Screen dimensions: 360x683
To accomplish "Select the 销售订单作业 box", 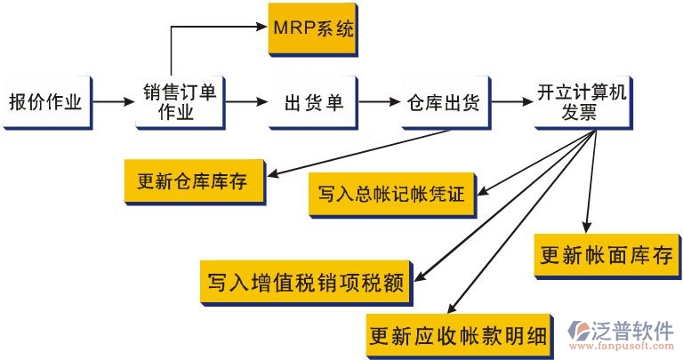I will click(179, 101).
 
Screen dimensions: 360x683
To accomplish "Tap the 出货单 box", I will click(312, 102).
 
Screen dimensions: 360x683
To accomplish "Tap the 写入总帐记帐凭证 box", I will click(391, 193).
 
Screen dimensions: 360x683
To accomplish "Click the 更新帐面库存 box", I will click(606, 255).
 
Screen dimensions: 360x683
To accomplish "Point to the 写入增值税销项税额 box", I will click(305, 283).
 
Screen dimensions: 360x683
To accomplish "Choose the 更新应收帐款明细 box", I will click(457, 334).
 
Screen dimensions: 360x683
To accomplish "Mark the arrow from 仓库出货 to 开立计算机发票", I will click(509, 102).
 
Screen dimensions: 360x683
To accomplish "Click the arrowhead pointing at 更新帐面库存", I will click(586, 228).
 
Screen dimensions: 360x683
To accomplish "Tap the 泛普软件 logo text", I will click(632, 331).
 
